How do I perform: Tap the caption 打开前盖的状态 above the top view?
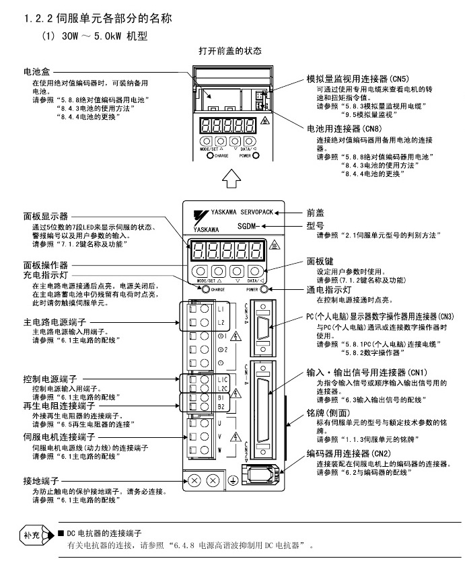(229, 51)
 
